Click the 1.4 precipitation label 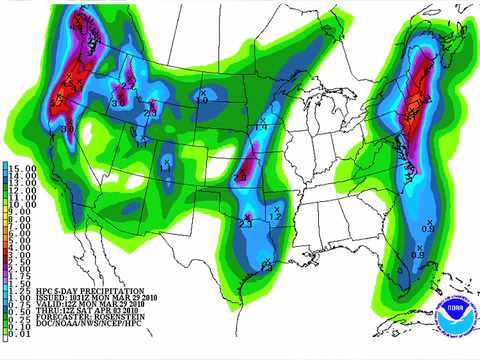(259, 126)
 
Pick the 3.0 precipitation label (69, 128)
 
